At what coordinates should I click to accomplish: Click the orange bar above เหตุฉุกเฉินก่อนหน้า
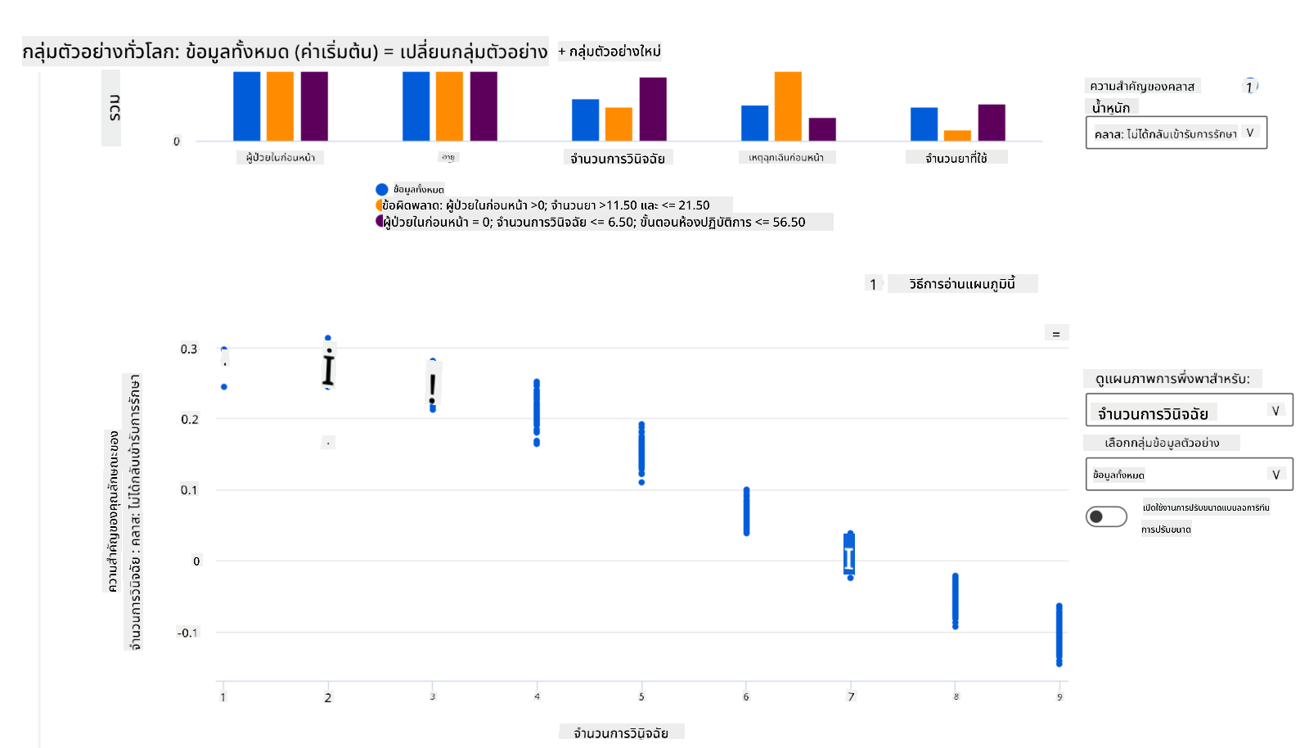[788, 106]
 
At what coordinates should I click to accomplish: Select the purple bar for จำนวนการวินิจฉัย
[653, 109]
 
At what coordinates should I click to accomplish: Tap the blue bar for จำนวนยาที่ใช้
[924, 124]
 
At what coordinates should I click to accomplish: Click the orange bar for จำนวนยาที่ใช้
[957, 136]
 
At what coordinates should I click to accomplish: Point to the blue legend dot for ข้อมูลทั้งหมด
[381, 189]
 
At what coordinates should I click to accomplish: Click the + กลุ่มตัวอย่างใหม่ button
[610, 52]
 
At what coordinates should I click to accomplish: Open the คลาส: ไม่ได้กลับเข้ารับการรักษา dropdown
[1176, 133]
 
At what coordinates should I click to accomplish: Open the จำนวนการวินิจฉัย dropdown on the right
[1189, 411]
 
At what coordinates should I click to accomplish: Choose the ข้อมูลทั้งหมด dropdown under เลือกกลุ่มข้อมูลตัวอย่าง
[1189, 475]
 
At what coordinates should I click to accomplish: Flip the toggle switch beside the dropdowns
[1106, 516]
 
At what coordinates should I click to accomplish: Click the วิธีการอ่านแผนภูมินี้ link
[961, 284]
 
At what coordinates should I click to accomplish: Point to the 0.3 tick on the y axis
[189, 349]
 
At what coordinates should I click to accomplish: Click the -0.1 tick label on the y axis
[187, 633]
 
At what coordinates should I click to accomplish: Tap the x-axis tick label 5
[641, 697]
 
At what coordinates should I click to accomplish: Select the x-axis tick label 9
[1059, 697]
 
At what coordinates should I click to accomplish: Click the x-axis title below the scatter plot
[621, 732]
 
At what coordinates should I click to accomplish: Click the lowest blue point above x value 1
[224, 387]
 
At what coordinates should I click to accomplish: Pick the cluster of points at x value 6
[746, 511]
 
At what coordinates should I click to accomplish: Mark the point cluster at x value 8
[955, 601]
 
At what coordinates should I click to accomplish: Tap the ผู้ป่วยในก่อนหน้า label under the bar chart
[281, 157]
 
